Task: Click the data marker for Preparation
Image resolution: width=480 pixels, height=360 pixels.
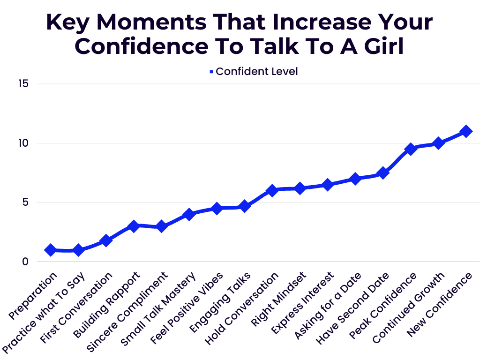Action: [51, 250]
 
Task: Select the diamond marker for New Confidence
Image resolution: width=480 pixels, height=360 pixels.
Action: [466, 131]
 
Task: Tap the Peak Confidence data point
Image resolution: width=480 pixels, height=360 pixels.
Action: [411, 149]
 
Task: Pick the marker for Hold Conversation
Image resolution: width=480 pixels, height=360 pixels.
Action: [272, 190]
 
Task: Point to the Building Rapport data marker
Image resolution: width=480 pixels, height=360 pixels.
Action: [134, 226]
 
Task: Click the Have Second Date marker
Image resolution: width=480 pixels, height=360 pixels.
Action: [383, 173]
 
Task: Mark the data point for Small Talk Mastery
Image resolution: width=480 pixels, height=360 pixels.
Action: [189, 214]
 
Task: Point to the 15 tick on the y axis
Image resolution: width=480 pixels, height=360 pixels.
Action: [24, 83]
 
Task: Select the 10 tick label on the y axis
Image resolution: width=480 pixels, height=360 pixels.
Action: [24, 143]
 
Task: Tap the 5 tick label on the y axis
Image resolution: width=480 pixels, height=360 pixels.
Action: [26, 202]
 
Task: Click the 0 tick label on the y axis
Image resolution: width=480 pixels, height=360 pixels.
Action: [26, 262]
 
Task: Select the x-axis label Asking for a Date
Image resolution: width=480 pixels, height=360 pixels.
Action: [328, 307]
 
